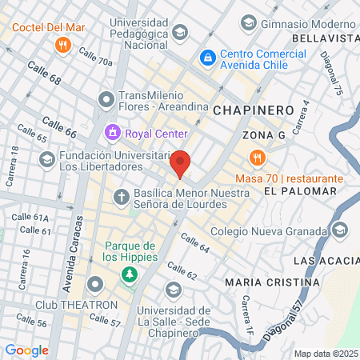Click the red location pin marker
(181, 162)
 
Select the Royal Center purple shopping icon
(113, 132)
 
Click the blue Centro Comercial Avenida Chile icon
(207, 58)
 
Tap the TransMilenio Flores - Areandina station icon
(105, 99)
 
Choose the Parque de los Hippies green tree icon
(128, 275)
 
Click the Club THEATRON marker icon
(95, 284)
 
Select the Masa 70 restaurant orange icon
(256, 157)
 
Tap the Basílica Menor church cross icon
(121, 196)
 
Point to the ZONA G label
(264, 134)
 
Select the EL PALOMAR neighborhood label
(292, 192)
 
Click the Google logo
(26, 350)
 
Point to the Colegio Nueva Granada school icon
(341, 230)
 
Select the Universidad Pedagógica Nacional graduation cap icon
(180, 32)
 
